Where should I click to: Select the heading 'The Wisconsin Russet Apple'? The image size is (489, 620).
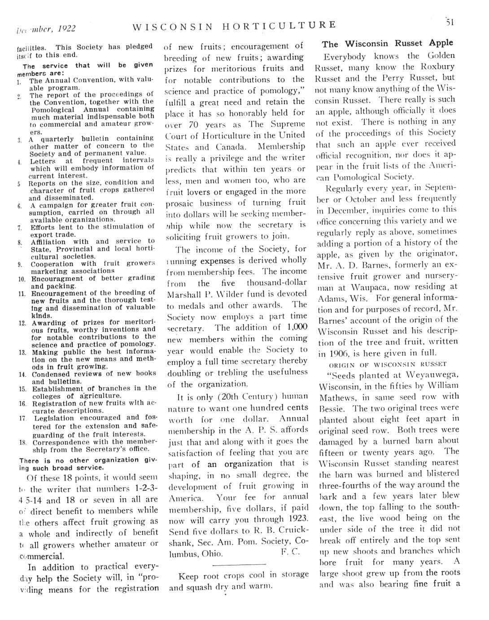coord(388,44)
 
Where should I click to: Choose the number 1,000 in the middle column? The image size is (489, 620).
coord(297,328)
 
